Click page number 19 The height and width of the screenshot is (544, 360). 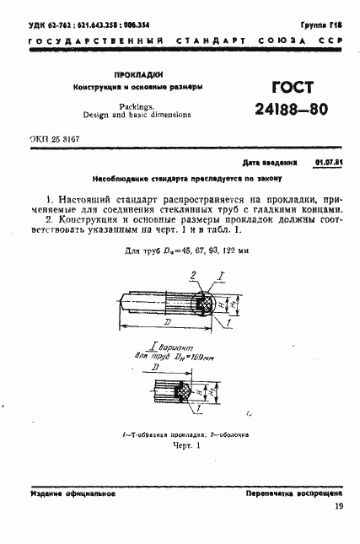click(x=339, y=506)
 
